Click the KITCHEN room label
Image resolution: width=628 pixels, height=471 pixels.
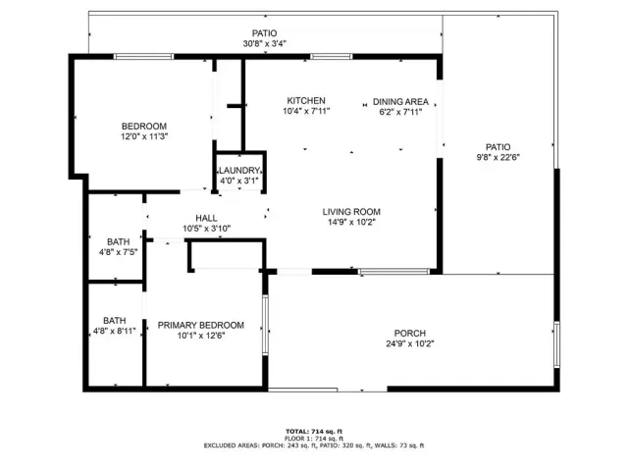(x=306, y=101)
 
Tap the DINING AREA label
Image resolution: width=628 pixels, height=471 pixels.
(x=400, y=101)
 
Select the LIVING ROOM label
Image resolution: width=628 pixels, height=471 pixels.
(x=351, y=211)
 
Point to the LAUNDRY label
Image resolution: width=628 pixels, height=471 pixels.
(x=238, y=170)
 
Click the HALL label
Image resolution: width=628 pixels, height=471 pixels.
(x=206, y=218)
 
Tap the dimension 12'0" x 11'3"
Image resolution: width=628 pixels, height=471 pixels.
(x=143, y=137)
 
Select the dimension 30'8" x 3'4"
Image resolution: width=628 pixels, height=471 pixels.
(x=264, y=44)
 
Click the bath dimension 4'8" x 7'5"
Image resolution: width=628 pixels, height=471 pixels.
(x=118, y=252)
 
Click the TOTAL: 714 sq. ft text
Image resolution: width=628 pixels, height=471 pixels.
(x=313, y=431)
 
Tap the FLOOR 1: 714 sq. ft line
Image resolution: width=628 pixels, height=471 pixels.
(x=313, y=439)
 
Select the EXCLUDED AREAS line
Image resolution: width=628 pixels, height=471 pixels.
(x=313, y=446)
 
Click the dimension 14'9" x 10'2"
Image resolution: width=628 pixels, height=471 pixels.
(x=351, y=222)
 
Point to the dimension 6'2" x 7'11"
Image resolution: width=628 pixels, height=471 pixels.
(x=400, y=112)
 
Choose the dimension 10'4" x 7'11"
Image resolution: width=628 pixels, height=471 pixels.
(x=306, y=112)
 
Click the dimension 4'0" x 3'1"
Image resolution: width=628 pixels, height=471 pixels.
(x=238, y=181)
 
